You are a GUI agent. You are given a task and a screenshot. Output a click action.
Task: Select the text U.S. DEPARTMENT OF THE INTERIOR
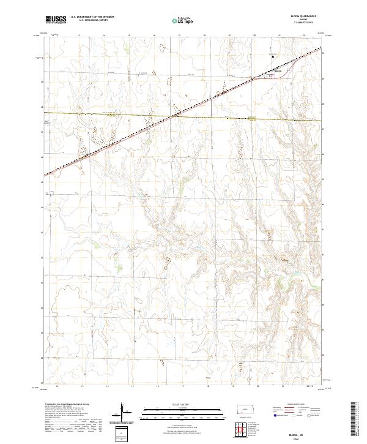pyautogui.click(x=92, y=17)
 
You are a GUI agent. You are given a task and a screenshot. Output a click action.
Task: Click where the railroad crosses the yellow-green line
pyautogui.click(x=175, y=114)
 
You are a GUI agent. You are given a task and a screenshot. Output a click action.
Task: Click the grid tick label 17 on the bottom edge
pyautogui.click(x=182, y=386)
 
